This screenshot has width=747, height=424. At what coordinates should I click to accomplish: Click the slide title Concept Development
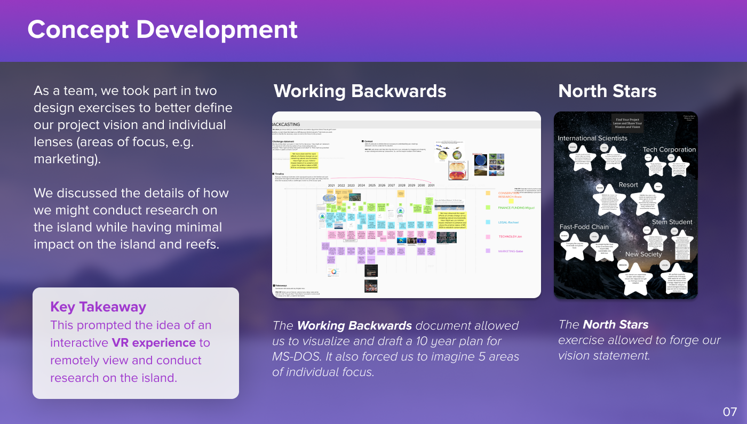162,29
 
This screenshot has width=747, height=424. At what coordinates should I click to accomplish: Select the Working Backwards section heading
360,91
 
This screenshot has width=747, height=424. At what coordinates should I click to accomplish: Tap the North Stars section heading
607,91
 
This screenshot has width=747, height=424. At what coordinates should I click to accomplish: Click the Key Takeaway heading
98,307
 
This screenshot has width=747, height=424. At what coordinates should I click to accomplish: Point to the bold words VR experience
154,342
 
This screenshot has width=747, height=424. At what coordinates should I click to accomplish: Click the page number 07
729,411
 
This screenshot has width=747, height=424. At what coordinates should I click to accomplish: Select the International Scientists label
592,138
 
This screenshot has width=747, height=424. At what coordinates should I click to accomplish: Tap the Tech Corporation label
669,150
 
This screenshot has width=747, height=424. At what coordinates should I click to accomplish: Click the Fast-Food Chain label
584,227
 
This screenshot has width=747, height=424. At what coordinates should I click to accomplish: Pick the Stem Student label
672,222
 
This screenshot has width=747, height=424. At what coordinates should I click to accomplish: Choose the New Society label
643,254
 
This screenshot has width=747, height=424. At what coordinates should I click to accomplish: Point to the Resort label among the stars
628,185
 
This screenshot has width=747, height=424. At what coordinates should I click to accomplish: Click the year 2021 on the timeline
331,186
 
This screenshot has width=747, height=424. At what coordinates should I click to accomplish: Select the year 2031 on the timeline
431,186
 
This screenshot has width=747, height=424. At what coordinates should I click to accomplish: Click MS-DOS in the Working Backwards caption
290,356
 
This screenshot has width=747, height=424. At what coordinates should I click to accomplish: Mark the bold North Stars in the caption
615,324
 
